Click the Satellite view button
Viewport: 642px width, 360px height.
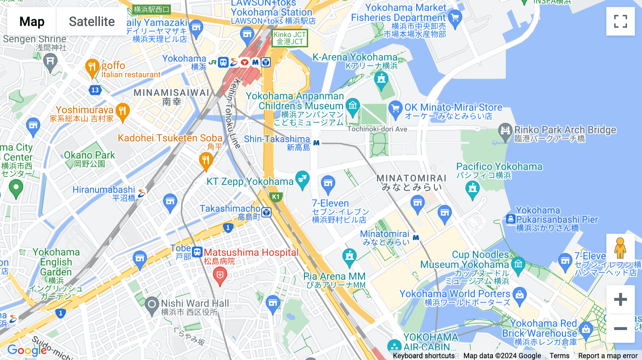pos(92,21)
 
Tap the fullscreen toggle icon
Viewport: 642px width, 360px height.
pos(620,21)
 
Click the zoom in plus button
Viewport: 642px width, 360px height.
pos(620,299)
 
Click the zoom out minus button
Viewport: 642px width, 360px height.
pos(620,328)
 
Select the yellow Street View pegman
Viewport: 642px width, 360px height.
pos(620,248)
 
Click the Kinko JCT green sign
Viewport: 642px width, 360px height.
pos(290,38)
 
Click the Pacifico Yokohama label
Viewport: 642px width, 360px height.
pos(499,167)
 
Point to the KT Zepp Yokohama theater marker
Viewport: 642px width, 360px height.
pos(302,179)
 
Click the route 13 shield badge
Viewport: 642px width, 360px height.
pos(95,90)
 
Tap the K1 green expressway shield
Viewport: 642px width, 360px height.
pos(276,197)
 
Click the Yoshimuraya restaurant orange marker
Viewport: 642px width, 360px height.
pos(122,111)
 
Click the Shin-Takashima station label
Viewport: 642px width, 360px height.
pos(277,139)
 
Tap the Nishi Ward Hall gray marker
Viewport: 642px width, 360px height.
pos(152,305)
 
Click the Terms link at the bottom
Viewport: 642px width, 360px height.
pos(559,356)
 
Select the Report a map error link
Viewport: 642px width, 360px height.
pos(608,356)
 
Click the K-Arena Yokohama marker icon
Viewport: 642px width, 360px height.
pos(381,79)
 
